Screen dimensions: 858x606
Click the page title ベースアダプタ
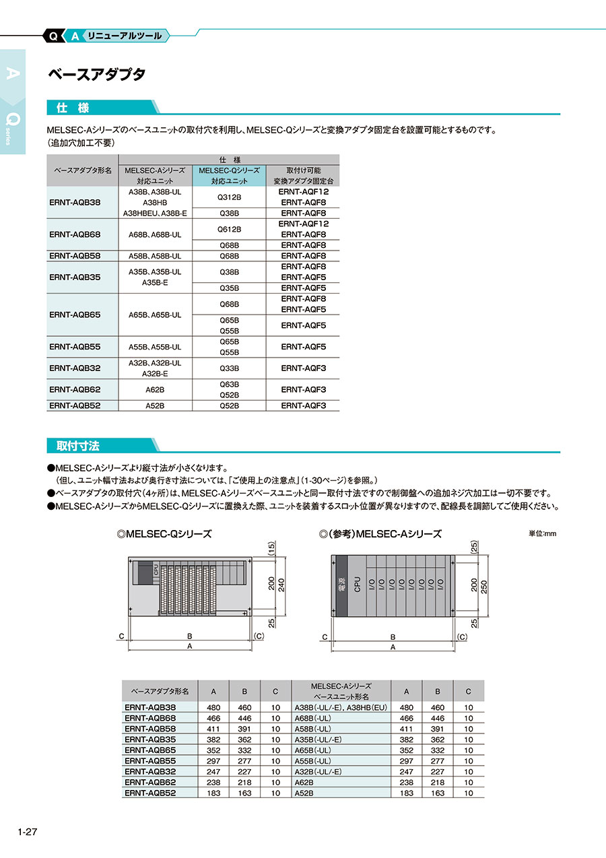pos(96,75)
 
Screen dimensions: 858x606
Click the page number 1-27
pos(27,832)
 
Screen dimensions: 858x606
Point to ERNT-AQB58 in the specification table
pos(75,256)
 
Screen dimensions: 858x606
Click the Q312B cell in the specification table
pos(229,197)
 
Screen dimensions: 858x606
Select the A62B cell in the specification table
pos(155,390)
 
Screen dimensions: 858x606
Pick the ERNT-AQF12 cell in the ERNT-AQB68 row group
pos(304,224)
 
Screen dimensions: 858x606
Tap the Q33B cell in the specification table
pos(229,368)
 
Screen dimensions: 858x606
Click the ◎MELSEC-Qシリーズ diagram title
pos(164,534)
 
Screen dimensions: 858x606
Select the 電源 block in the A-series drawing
pos(339,584)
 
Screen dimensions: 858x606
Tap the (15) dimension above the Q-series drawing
pos(271,549)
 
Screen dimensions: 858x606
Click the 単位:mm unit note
pos(543,533)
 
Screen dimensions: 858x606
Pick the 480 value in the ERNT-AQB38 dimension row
pos(213,708)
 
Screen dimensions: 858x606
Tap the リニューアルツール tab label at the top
pos(124,36)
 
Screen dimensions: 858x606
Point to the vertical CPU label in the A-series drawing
pos(358,584)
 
